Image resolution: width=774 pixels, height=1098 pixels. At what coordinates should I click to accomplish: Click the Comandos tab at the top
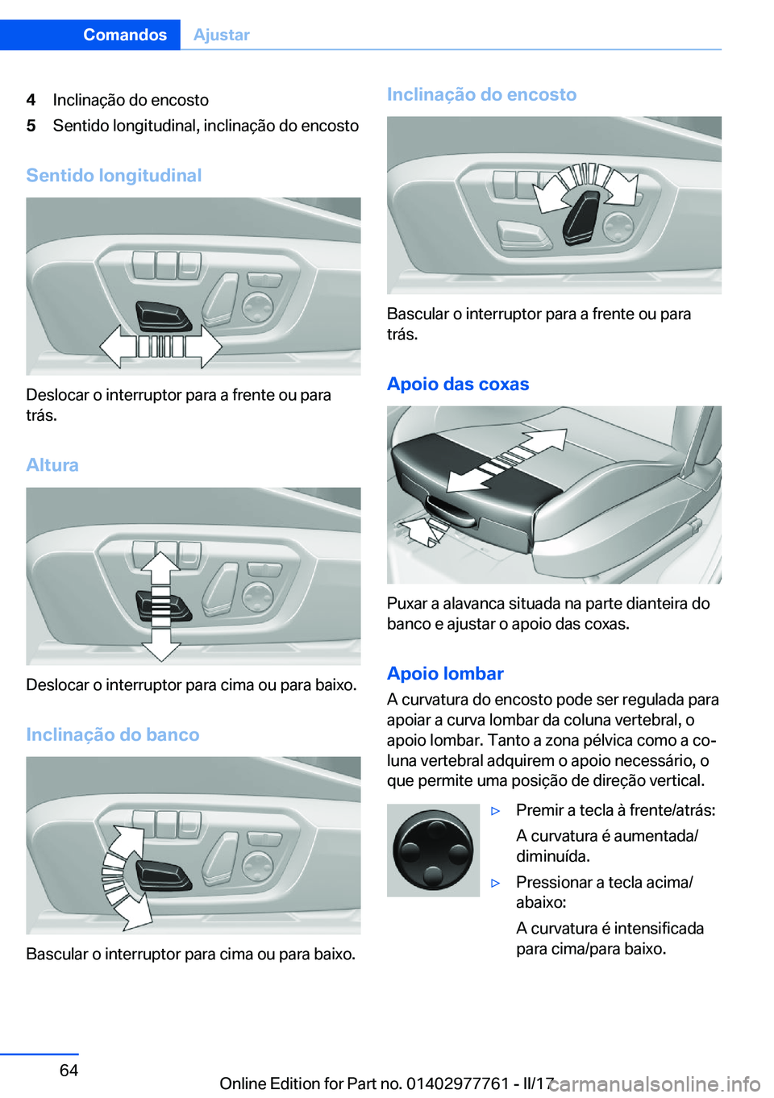pos(124,35)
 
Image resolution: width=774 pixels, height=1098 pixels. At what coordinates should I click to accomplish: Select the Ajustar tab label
pos(222,35)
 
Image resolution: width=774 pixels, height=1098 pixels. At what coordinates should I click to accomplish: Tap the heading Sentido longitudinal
pos(114,175)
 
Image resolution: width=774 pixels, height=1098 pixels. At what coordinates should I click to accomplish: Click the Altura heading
pos(52,465)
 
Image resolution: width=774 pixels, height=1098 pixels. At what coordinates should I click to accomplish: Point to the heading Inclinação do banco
pos(113,734)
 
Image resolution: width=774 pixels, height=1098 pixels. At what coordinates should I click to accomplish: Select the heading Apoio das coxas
pos(458,384)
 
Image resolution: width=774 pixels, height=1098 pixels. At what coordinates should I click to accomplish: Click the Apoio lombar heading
pos(445,673)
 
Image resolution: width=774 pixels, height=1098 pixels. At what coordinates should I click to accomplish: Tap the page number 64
pos(69,1070)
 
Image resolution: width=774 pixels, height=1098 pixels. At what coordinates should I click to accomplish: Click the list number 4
pos(31,100)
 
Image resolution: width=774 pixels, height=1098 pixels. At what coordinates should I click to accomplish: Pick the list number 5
pos(31,126)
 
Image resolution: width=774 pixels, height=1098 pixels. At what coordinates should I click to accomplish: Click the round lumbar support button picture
pos(433,850)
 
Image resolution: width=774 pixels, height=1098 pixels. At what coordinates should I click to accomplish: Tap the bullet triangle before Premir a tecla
pos(496,811)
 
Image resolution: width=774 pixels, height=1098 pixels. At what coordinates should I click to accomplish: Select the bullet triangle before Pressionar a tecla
pos(496,884)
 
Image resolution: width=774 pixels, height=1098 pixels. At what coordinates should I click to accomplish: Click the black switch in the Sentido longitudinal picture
pos(164,315)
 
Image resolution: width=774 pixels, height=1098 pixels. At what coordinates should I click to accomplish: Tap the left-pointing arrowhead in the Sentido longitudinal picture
pos(113,347)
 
